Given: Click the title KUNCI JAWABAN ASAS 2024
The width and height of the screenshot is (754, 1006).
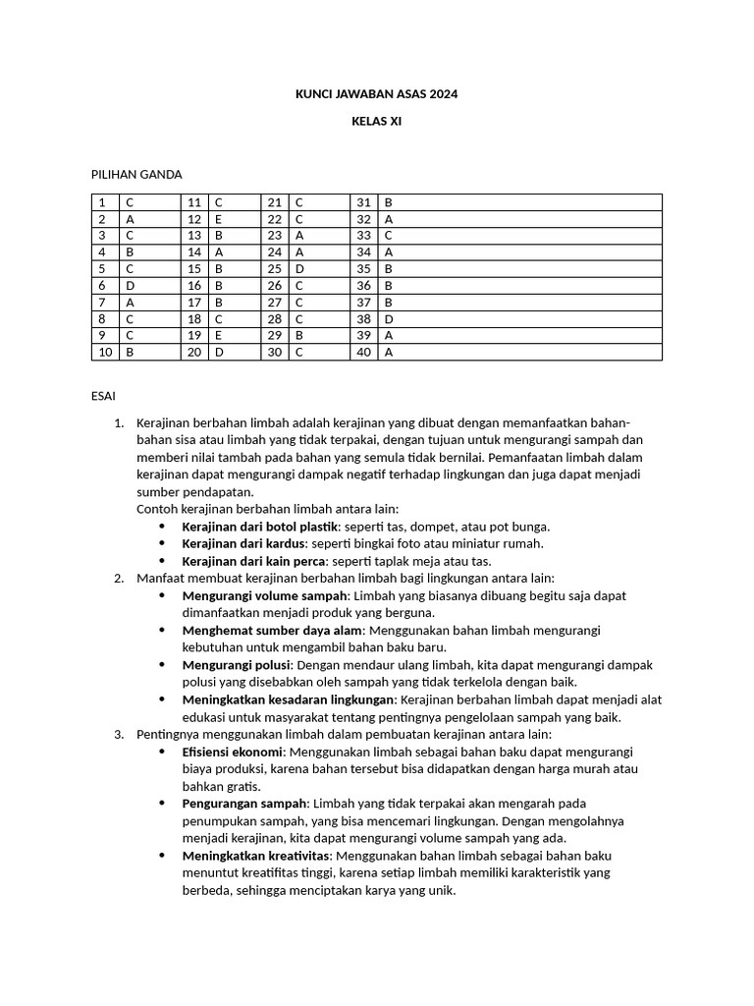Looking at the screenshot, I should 377,94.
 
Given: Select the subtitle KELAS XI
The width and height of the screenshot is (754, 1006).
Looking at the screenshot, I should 377,122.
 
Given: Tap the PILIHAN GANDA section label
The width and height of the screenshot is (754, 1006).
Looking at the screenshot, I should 136,174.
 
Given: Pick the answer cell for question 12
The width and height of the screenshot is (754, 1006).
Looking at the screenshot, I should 234,219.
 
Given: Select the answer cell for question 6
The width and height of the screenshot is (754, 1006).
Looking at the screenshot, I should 149,285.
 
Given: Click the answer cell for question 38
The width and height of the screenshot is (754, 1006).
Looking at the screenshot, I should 520,318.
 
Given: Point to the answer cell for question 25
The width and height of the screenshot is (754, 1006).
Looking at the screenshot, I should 319,268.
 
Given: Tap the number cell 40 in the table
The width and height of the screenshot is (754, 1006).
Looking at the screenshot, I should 364,352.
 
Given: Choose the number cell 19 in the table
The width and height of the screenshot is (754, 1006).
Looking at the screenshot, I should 194,335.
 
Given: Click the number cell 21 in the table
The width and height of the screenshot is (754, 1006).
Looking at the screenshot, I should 275,202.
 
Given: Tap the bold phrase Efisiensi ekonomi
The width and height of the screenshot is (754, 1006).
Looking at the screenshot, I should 233,752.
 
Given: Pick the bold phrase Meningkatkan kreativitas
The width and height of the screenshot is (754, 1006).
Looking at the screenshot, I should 257,856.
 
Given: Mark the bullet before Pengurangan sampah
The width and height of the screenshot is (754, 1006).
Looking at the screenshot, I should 162,804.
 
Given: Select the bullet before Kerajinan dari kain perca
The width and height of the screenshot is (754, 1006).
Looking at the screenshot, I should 162,561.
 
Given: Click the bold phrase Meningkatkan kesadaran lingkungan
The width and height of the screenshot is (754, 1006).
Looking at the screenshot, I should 288,699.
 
